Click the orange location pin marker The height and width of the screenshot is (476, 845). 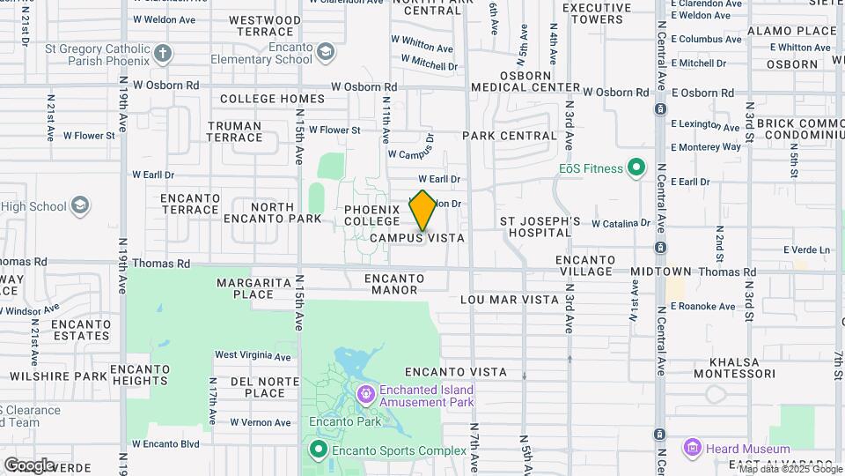pyautogui.click(x=422, y=210)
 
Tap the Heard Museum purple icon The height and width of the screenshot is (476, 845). pyautogui.click(x=693, y=449)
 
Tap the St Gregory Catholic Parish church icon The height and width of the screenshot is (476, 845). pyautogui.click(x=162, y=54)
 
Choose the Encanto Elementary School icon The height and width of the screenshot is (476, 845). pyautogui.click(x=326, y=53)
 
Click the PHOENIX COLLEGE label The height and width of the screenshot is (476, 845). pyautogui.click(x=372, y=215)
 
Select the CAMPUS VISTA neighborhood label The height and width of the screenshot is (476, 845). pyautogui.click(x=416, y=238)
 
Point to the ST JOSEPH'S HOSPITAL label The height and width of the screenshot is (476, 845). pyautogui.click(x=540, y=227)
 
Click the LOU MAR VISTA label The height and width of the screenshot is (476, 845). pyautogui.click(x=510, y=300)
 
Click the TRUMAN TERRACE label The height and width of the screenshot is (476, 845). pyautogui.click(x=235, y=131)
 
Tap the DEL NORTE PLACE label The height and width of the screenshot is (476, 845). pyautogui.click(x=258, y=387)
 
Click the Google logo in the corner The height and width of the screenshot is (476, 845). pyautogui.click(x=29, y=465)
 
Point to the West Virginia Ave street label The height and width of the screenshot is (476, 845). pyautogui.click(x=253, y=356)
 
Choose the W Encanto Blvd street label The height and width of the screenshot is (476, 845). pyautogui.click(x=165, y=443)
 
